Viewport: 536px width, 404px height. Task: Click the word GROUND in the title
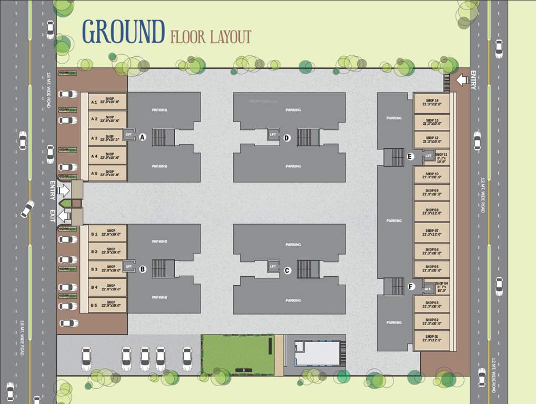[124, 32]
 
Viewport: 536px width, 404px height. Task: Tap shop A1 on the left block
[108, 102]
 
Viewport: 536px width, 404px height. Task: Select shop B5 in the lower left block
[108, 305]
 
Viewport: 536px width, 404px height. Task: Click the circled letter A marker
[143, 137]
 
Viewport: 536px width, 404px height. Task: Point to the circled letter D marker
[287, 138]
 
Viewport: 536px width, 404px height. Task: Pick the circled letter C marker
[287, 270]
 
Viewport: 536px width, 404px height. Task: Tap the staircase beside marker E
[393, 157]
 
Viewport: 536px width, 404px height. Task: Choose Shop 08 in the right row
[432, 211]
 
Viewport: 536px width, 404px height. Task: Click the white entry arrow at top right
[462, 80]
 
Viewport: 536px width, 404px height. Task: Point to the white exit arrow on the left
[64, 215]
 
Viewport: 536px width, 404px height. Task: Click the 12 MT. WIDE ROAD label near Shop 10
[482, 195]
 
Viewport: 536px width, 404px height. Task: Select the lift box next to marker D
[272, 135]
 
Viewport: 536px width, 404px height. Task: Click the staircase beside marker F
[393, 287]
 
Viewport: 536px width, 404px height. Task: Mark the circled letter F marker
[411, 287]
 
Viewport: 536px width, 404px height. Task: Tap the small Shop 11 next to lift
[441, 157]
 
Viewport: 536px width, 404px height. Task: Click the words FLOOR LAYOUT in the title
[210, 37]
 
